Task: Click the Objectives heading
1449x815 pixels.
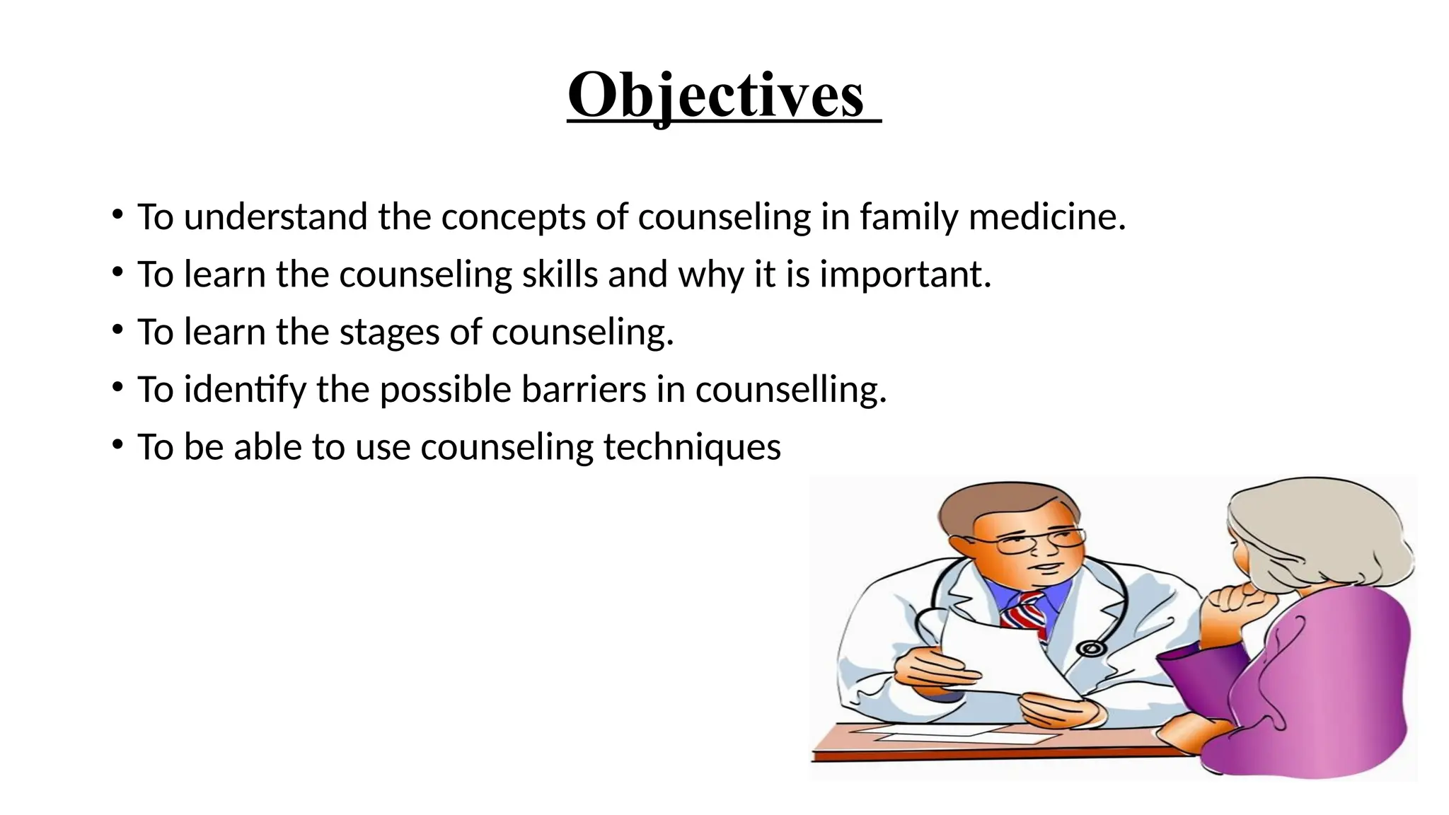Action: (716, 96)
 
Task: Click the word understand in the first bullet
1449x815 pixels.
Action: (275, 216)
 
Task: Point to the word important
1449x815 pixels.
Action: (905, 274)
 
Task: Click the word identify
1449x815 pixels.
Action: (245, 390)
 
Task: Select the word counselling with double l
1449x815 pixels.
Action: (790, 390)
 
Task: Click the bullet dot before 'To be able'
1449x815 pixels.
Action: (117, 445)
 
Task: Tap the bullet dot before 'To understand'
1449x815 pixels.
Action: (117, 214)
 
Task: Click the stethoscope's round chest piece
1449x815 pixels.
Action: (1090, 648)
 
